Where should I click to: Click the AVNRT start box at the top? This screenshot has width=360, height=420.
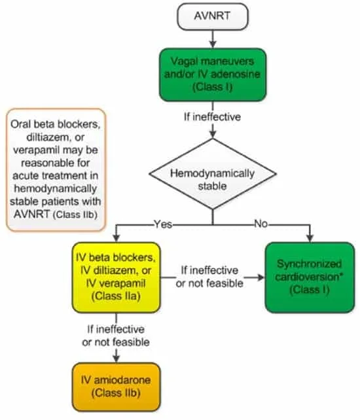click(213, 16)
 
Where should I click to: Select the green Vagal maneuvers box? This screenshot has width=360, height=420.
click(213, 75)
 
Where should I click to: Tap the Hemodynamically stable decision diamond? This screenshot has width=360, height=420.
click(213, 174)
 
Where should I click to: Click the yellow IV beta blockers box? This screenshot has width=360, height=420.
click(116, 277)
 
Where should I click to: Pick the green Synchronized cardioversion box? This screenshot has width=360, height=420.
click(310, 277)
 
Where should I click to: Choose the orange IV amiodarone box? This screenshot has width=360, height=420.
click(116, 387)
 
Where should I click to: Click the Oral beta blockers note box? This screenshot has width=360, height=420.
click(56, 169)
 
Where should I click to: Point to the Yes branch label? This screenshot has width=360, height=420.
click(163, 224)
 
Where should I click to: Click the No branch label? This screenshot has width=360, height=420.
click(261, 223)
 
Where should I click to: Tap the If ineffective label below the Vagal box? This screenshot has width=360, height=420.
click(212, 117)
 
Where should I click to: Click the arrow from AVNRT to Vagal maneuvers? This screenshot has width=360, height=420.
click(213, 39)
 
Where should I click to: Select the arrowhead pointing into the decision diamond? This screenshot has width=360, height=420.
click(213, 135)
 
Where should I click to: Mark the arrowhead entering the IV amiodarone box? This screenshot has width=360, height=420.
click(116, 359)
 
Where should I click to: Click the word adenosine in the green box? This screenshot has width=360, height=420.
click(236, 74)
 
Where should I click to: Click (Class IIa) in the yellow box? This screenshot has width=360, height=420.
click(116, 296)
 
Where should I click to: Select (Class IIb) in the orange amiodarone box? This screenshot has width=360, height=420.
click(116, 393)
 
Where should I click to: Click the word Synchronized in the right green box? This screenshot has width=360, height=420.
click(310, 264)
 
